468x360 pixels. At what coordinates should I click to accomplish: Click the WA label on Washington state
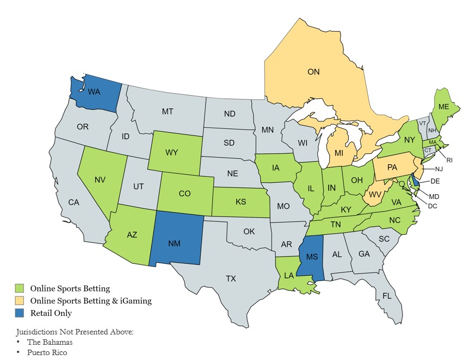(94, 92)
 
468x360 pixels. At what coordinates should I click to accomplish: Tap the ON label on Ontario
(313, 72)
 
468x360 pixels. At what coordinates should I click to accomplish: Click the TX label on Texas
(231, 278)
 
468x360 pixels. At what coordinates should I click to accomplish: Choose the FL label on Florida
(386, 297)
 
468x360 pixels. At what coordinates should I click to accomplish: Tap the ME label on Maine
(444, 107)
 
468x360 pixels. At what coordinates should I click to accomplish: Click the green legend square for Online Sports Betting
(20, 288)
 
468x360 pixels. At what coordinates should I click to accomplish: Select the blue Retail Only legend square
(20, 313)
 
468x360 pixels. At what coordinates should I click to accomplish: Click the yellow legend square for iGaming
(20, 301)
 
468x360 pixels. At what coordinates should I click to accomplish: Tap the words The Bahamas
(51, 342)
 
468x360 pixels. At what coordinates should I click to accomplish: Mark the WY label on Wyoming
(173, 152)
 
